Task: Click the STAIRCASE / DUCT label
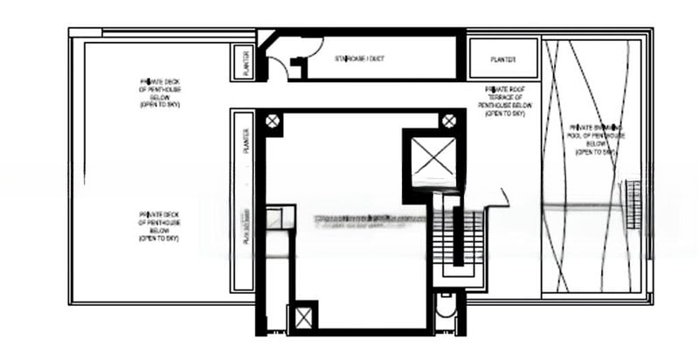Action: pyautogui.click(x=360, y=59)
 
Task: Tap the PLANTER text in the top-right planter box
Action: pyautogui.click(x=503, y=59)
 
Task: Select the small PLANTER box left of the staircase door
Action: pyautogui.click(x=246, y=63)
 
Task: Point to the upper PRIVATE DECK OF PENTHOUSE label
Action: pyautogui.click(x=159, y=92)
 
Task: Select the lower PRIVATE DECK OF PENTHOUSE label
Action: pyautogui.click(x=159, y=225)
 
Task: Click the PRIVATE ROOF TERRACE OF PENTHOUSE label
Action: pyautogui.click(x=505, y=100)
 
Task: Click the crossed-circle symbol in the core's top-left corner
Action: pyautogui.click(x=273, y=121)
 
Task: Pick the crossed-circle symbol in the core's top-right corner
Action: pyautogui.click(x=448, y=121)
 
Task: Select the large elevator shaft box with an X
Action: pyautogui.click(x=429, y=162)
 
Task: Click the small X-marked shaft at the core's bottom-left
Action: pyautogui.click(x=303, y=317)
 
